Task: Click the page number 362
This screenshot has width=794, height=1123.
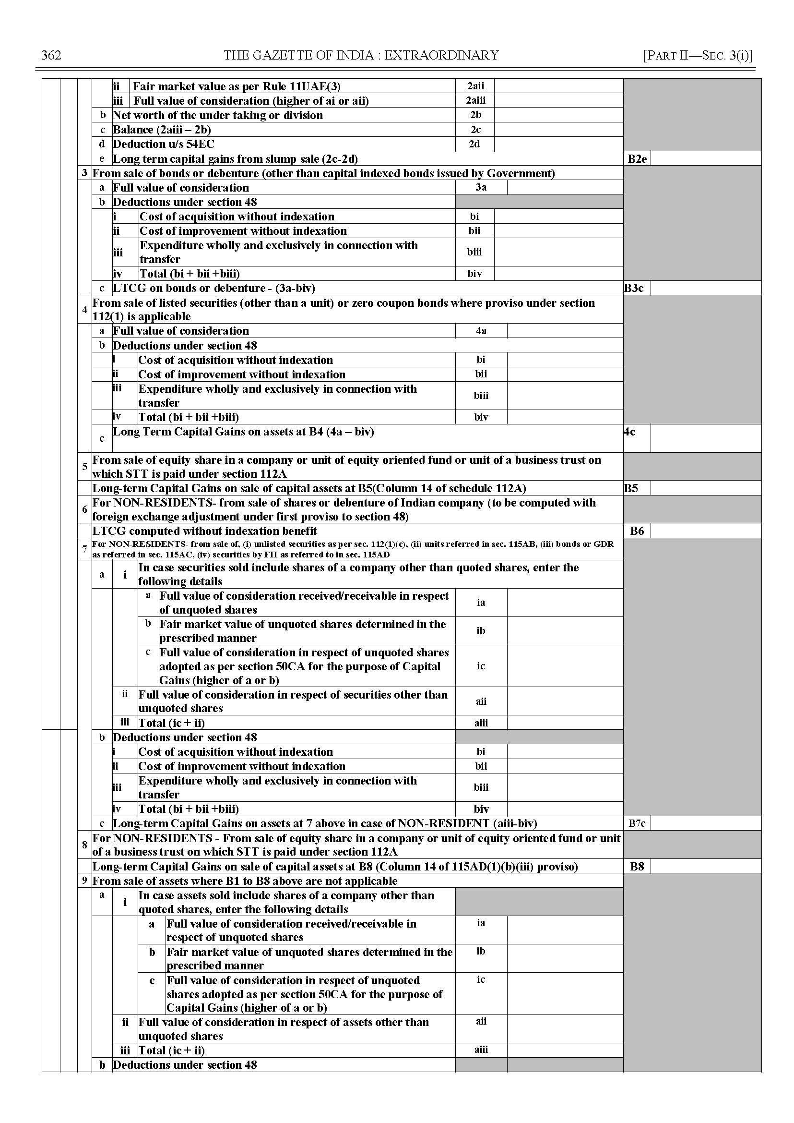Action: pyautogui.click(x=51, y=55)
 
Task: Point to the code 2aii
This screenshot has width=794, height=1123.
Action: pyautogui.click(x=475, y=86)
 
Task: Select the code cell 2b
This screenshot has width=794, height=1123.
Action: pyautogui.click(x=475, y=115)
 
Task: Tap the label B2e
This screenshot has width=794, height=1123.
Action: pyautogui.click(x=637, y=159)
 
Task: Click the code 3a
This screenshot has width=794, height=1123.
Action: pyautogui.click(x=481, y=187)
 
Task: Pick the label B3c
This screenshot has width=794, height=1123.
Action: pyautogui.click(x=634, y=288)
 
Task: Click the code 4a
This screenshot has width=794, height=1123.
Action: pyautogui.click(x=481, y=331)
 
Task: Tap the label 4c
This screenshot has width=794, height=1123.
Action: pyautogui.click(x=630, y=432)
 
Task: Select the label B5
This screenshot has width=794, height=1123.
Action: pyautogui.click(x=631, y=488)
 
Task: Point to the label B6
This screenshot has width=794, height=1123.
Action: pyautogui.click(x=637, y=531)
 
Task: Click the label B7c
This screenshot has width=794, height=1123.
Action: pyautogui.click(x=637, y=823)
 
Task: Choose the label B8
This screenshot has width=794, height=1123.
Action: pyautogui.click(x=637, y=867)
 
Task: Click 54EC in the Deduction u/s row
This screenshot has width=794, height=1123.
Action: pyautogui.click(x=200, y=145)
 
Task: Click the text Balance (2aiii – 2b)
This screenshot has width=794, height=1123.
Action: pyautogui.click(x=162, y=130)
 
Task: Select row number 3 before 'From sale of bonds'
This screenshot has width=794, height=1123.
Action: pyautogui.click(x=84, y=173)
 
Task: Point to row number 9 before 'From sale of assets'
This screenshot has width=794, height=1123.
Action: pyautogui.click(x=84, y=881)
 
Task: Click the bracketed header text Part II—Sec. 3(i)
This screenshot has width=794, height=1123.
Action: pyautogui.click(x=698, y=55)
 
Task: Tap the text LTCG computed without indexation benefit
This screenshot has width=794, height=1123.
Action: pyautogui.click(x=204, y=531)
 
